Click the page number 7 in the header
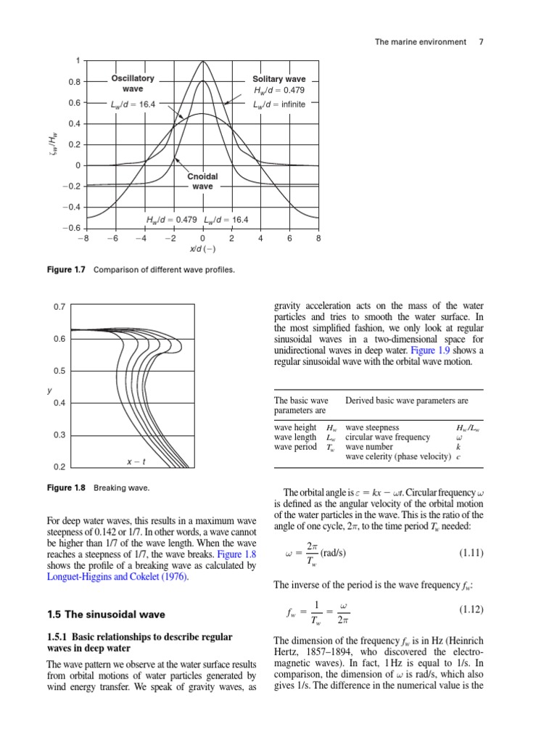481,42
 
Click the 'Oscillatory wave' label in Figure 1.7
132,83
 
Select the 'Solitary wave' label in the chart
279,79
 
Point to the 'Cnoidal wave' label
202,181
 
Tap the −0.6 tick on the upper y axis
70,228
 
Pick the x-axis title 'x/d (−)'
202,249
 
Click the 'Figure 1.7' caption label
65,270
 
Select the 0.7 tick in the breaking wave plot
59,307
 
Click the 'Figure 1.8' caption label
65,488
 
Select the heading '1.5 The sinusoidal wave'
106,615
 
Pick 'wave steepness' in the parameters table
372,428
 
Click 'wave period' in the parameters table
295,447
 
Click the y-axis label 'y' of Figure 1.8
49,390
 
